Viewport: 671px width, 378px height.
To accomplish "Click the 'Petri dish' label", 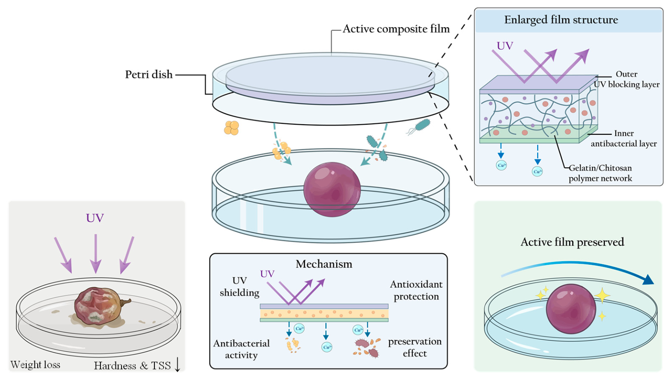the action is [x=149, y=74].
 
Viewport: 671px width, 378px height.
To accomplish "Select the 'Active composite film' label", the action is [x=396, y=29].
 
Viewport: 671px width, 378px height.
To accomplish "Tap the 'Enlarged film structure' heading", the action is [x=561, y=20].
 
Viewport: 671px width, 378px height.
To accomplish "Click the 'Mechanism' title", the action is [x=324, y=264].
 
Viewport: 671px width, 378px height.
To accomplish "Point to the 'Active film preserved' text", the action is [x=572, y=242].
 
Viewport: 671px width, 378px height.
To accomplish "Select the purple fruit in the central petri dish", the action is [x=332, y=189].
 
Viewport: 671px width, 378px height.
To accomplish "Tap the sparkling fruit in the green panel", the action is [x=571, y=309].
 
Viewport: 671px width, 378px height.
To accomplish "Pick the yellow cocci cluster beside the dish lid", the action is [x=231, y=128].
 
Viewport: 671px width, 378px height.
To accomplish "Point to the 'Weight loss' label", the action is [x=36, y=364].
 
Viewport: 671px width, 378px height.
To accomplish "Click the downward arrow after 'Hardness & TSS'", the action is [x=177, y=364].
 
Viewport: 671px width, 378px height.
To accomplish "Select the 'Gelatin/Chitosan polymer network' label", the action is [x=600, y=173].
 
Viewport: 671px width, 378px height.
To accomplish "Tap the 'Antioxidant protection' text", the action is [x=416, y=290].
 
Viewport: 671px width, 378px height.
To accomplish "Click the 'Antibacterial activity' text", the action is [x=241, y=349].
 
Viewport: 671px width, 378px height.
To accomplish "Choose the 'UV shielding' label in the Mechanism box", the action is [x=239, y=286].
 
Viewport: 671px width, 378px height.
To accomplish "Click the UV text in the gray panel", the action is [x=95, y=218].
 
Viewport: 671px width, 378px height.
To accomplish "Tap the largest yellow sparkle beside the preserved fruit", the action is [x=602, y=295].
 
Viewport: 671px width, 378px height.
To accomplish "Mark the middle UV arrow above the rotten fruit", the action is [x=96, y=254].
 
